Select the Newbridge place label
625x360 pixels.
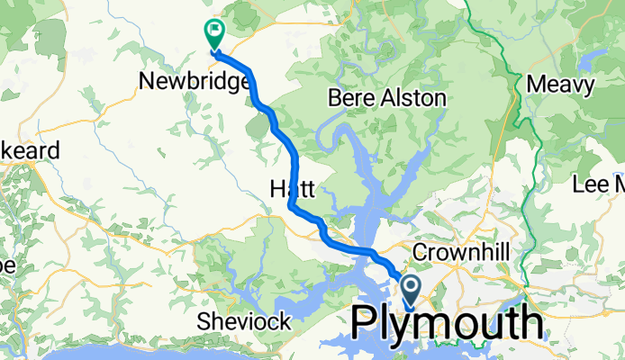[x=195, y=83]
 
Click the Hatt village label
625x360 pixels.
[x=291, y=189]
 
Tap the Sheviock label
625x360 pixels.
[x=244, y=321]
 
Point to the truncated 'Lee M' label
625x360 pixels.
[x=599, y=185]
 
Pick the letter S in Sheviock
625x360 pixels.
[x=204, y=321]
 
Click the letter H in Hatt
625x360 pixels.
[x=276, y=189]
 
